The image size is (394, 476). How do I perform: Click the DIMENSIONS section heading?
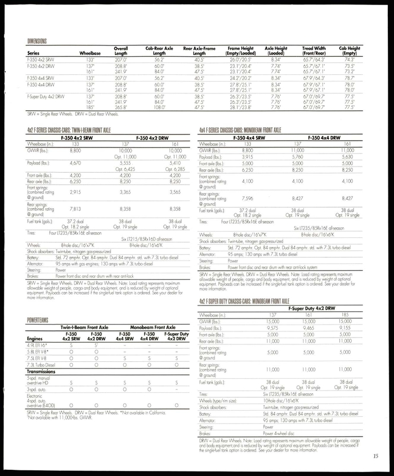click(37, 41)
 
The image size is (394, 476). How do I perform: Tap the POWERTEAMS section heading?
click(37, 320)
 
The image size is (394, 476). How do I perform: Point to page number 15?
click(375, 456)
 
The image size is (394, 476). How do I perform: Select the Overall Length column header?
click(121, 51)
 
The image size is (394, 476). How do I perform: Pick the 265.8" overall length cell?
click(121, 107)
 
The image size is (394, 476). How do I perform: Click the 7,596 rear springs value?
click(247, 198)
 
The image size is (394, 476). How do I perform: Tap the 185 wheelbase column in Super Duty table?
click(346, 315)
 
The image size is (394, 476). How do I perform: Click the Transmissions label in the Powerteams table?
click(41, 372)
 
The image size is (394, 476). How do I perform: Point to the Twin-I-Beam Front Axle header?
click(84, 327)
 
